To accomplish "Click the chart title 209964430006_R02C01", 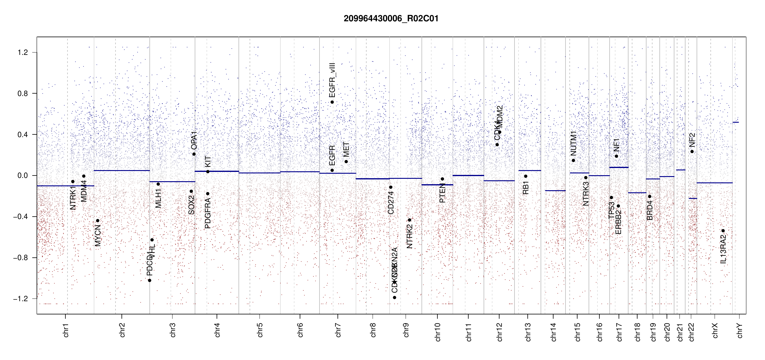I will pos(391,19).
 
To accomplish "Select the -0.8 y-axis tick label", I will pos(21,258).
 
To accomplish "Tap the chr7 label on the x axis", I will pos(338,330).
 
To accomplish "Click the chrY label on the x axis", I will pos(740,330).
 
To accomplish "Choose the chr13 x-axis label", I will pos(528,332).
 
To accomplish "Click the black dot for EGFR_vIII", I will pos(332,102).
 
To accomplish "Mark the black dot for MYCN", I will pos(97,221).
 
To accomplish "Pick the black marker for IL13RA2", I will pos(723,231).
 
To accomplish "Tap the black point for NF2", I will pos(692,151).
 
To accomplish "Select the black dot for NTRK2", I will pos(409,220).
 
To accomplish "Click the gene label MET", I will pos(346,149).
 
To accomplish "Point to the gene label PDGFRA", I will pos(208,213).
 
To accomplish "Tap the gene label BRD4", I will pos(649,211).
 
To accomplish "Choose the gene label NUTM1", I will pos(573,143).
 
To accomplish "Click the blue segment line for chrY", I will pos(736,122).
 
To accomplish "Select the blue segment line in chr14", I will pos(555,190).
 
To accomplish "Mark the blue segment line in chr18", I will pos(637,193).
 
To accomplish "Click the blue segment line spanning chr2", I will pos(122,170).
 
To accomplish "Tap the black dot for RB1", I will pos(526,176).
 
